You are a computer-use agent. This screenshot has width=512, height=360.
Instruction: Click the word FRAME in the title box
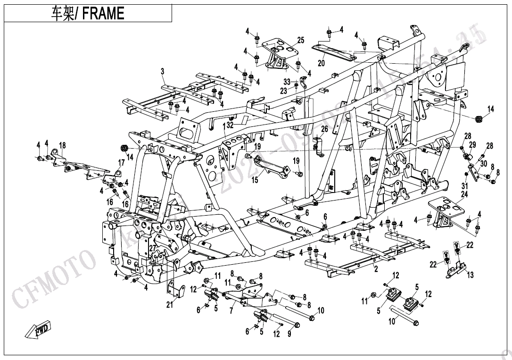tap(103, 14)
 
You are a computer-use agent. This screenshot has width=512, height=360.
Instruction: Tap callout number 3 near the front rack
tap(162, 72)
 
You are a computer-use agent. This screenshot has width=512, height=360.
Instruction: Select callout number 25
tap(300, 40)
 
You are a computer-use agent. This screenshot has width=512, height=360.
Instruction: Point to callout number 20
tap(321, 63)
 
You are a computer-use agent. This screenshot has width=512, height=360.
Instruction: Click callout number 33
tap(287, 82)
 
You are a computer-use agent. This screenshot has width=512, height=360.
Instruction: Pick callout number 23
tap(283, 91)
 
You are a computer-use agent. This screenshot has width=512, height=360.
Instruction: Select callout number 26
tap(324, 129)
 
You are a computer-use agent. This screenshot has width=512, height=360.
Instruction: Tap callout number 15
tap(255, 180)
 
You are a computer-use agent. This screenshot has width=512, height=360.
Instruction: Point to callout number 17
tap(121, 163)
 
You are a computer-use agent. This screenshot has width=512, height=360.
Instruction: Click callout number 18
tap(62, 145)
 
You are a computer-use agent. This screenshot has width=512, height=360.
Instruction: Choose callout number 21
tap(170, 305)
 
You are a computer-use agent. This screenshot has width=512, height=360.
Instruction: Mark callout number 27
tap(152, 249)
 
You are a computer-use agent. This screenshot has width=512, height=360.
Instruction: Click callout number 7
tap(231, 311)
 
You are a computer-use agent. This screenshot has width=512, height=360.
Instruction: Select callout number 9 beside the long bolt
tap(289, 334)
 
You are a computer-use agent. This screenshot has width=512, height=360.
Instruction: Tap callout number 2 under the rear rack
tap(376, 269)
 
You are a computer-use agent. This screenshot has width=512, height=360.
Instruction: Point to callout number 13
tap(470, 275)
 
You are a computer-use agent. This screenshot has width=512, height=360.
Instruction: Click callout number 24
tap(464, 194)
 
